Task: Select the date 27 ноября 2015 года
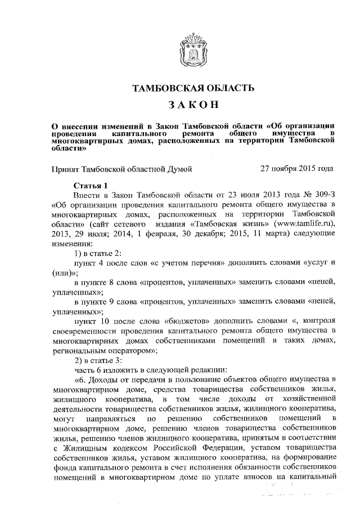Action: (296, 168)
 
